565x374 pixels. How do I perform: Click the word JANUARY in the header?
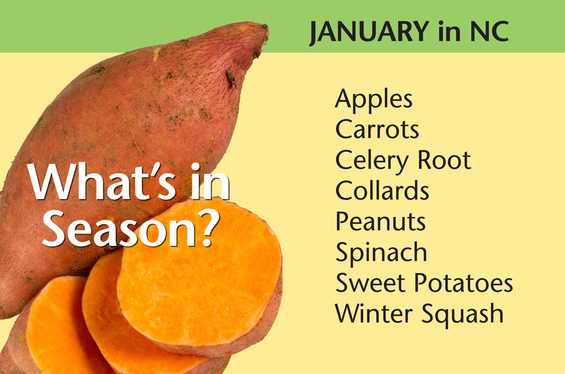369,33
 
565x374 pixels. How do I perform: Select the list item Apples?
374,99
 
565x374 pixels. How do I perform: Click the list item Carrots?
377,129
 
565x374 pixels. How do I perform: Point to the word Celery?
372,161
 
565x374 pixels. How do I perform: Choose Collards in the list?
382,190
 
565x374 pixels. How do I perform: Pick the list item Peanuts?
380,222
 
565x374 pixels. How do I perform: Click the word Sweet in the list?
370,283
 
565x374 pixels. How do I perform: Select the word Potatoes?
463,283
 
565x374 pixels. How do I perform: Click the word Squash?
462,315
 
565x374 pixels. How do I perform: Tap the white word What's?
102,182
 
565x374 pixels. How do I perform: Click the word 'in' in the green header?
449,31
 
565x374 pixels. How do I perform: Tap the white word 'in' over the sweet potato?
210,182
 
